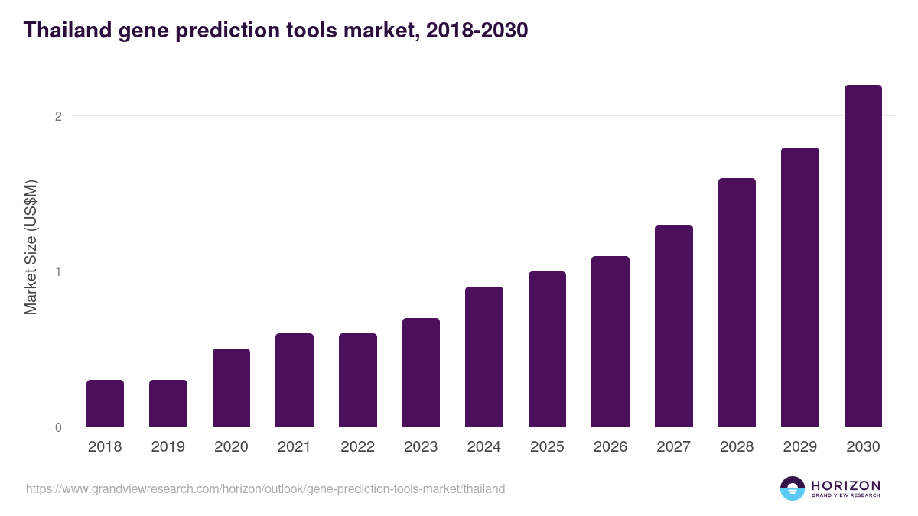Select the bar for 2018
[x=105, y=403]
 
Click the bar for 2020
[x=231, y=388]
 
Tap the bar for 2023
[x=421, y=372]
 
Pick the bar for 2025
[x=547, y=349]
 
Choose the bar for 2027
[x=674, y=326]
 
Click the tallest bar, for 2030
[x=863, y=256]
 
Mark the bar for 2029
[x=800, y=287]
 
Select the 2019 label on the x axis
[x=168, y=447]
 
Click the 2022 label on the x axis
[x=357, y=447]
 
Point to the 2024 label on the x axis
[x=483, y=447]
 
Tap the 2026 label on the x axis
[x=610, y=447]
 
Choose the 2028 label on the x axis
[x=737, y=447]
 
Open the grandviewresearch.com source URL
[x=265, y=488]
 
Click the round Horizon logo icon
[x=793, y=488]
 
